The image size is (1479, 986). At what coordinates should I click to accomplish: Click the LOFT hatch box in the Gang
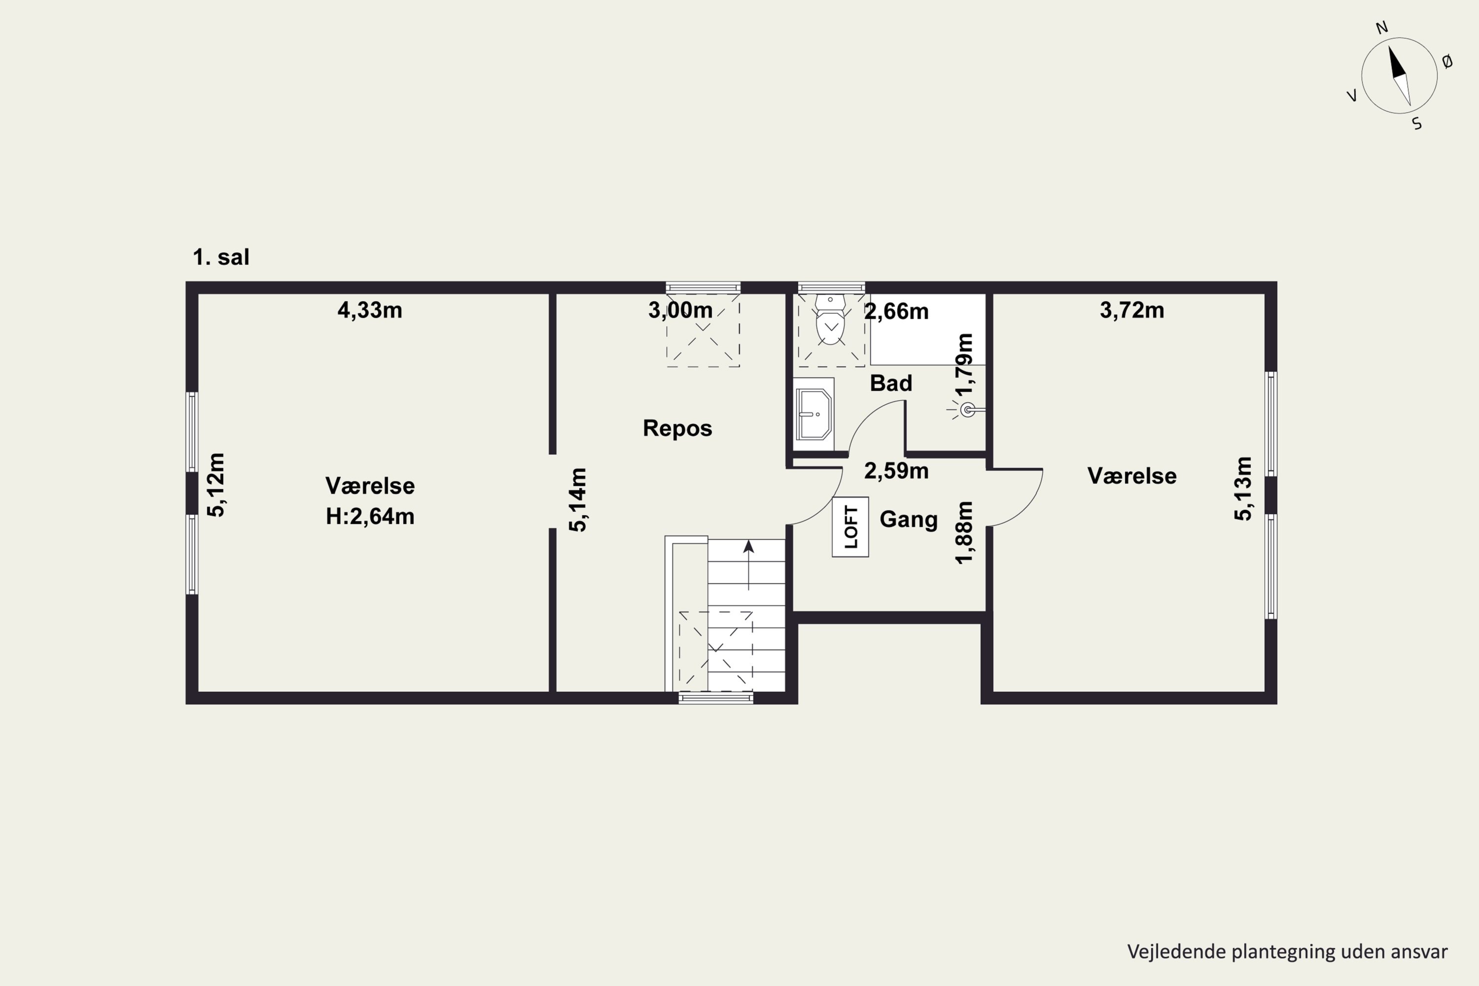850,527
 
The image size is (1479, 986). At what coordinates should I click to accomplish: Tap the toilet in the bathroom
831,321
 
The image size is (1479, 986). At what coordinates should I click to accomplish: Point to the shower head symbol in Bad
968,411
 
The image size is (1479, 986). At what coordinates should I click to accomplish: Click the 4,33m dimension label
370,310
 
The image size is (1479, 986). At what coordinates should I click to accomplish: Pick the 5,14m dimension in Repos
578,500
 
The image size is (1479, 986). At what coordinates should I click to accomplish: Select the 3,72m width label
1132,310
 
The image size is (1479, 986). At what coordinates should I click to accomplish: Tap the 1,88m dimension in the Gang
964,532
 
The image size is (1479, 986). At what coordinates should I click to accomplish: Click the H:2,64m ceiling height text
370,516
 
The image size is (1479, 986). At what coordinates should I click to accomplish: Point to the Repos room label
677,428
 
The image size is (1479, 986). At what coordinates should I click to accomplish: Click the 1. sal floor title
221,257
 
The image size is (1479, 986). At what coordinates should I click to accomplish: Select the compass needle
1399,75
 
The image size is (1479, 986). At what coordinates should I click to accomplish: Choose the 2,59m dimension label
896,471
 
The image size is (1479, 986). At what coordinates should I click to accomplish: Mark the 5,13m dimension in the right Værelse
1243,489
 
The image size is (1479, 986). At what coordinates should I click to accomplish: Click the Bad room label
890,383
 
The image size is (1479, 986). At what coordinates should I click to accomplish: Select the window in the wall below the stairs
716,698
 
